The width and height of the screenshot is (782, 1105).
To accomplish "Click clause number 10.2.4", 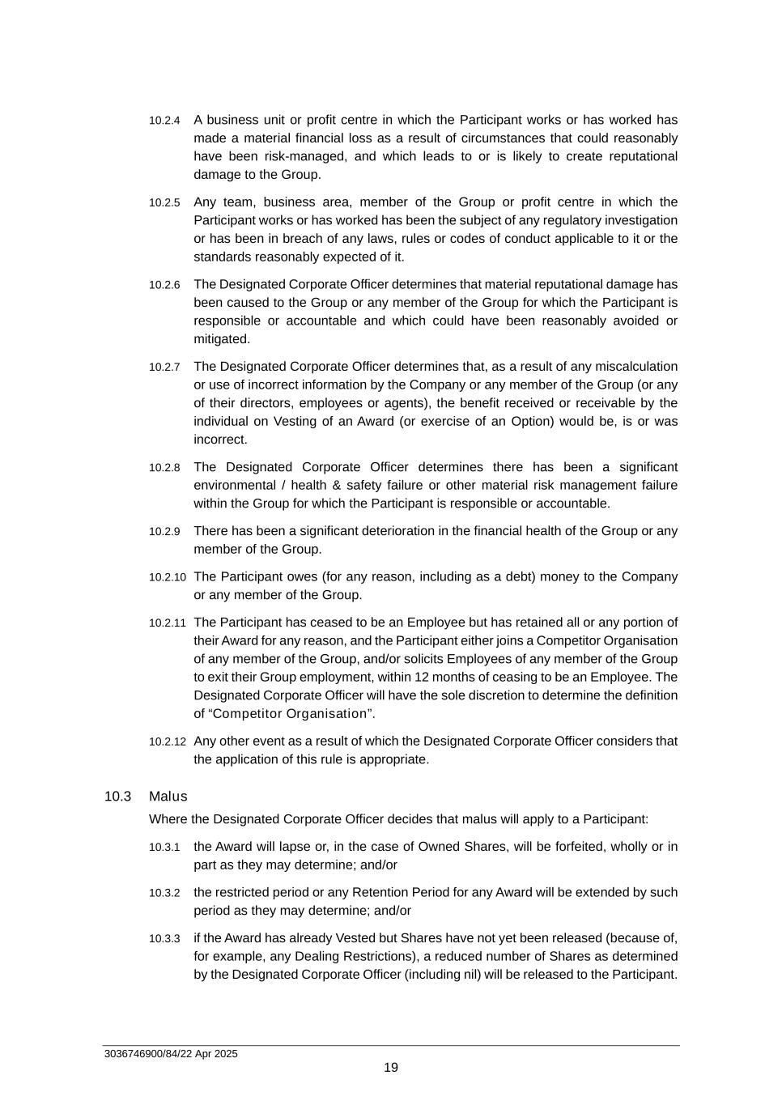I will (x=164, y=121).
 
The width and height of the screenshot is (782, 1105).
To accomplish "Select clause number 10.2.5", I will (x=164, y=202).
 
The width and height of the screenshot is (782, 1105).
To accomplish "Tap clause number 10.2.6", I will (x=164, y=285).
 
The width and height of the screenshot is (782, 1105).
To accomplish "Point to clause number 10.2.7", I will (x=164, y=368).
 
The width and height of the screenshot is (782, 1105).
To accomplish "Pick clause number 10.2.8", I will (x=164, y=468).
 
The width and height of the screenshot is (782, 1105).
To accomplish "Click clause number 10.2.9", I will (x=164, y=532).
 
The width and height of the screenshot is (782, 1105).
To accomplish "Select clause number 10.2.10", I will (x=167, y=578).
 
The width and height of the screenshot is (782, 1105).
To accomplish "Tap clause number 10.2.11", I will (x=167, y=623).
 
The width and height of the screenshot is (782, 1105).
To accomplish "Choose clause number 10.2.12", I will (x=167, y=742).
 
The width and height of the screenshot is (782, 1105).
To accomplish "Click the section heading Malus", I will (x=168, y=797).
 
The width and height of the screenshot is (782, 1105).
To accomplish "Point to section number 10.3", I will (x=117, y=797).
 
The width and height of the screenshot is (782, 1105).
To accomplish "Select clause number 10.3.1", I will (x=164, y=848).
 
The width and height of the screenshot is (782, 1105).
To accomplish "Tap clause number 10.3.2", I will (x=164, y=894).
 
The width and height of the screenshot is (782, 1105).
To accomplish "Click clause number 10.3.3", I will (x=164, y=939).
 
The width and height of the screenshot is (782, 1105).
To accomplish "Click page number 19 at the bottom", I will (x=391, y=1068).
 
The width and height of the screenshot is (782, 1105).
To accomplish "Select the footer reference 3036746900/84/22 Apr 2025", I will (x=171, y=1054).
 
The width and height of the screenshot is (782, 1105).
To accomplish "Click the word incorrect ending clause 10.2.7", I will (x=219, y=440).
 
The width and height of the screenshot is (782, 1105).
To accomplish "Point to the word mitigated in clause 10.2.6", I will (x=221, y=339).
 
